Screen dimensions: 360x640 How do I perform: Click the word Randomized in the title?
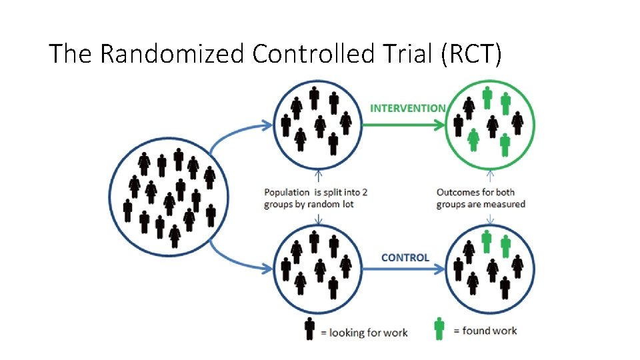172,53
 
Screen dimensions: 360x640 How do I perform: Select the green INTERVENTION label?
408,108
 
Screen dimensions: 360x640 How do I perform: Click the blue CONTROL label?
405,257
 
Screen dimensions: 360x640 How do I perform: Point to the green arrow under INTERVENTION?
407,124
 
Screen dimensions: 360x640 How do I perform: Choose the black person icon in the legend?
309,329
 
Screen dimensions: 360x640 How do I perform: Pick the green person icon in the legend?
439,327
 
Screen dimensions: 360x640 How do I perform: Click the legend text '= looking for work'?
364,332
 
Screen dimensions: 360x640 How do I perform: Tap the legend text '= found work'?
485,330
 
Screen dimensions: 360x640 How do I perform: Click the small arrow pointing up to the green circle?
491,176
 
